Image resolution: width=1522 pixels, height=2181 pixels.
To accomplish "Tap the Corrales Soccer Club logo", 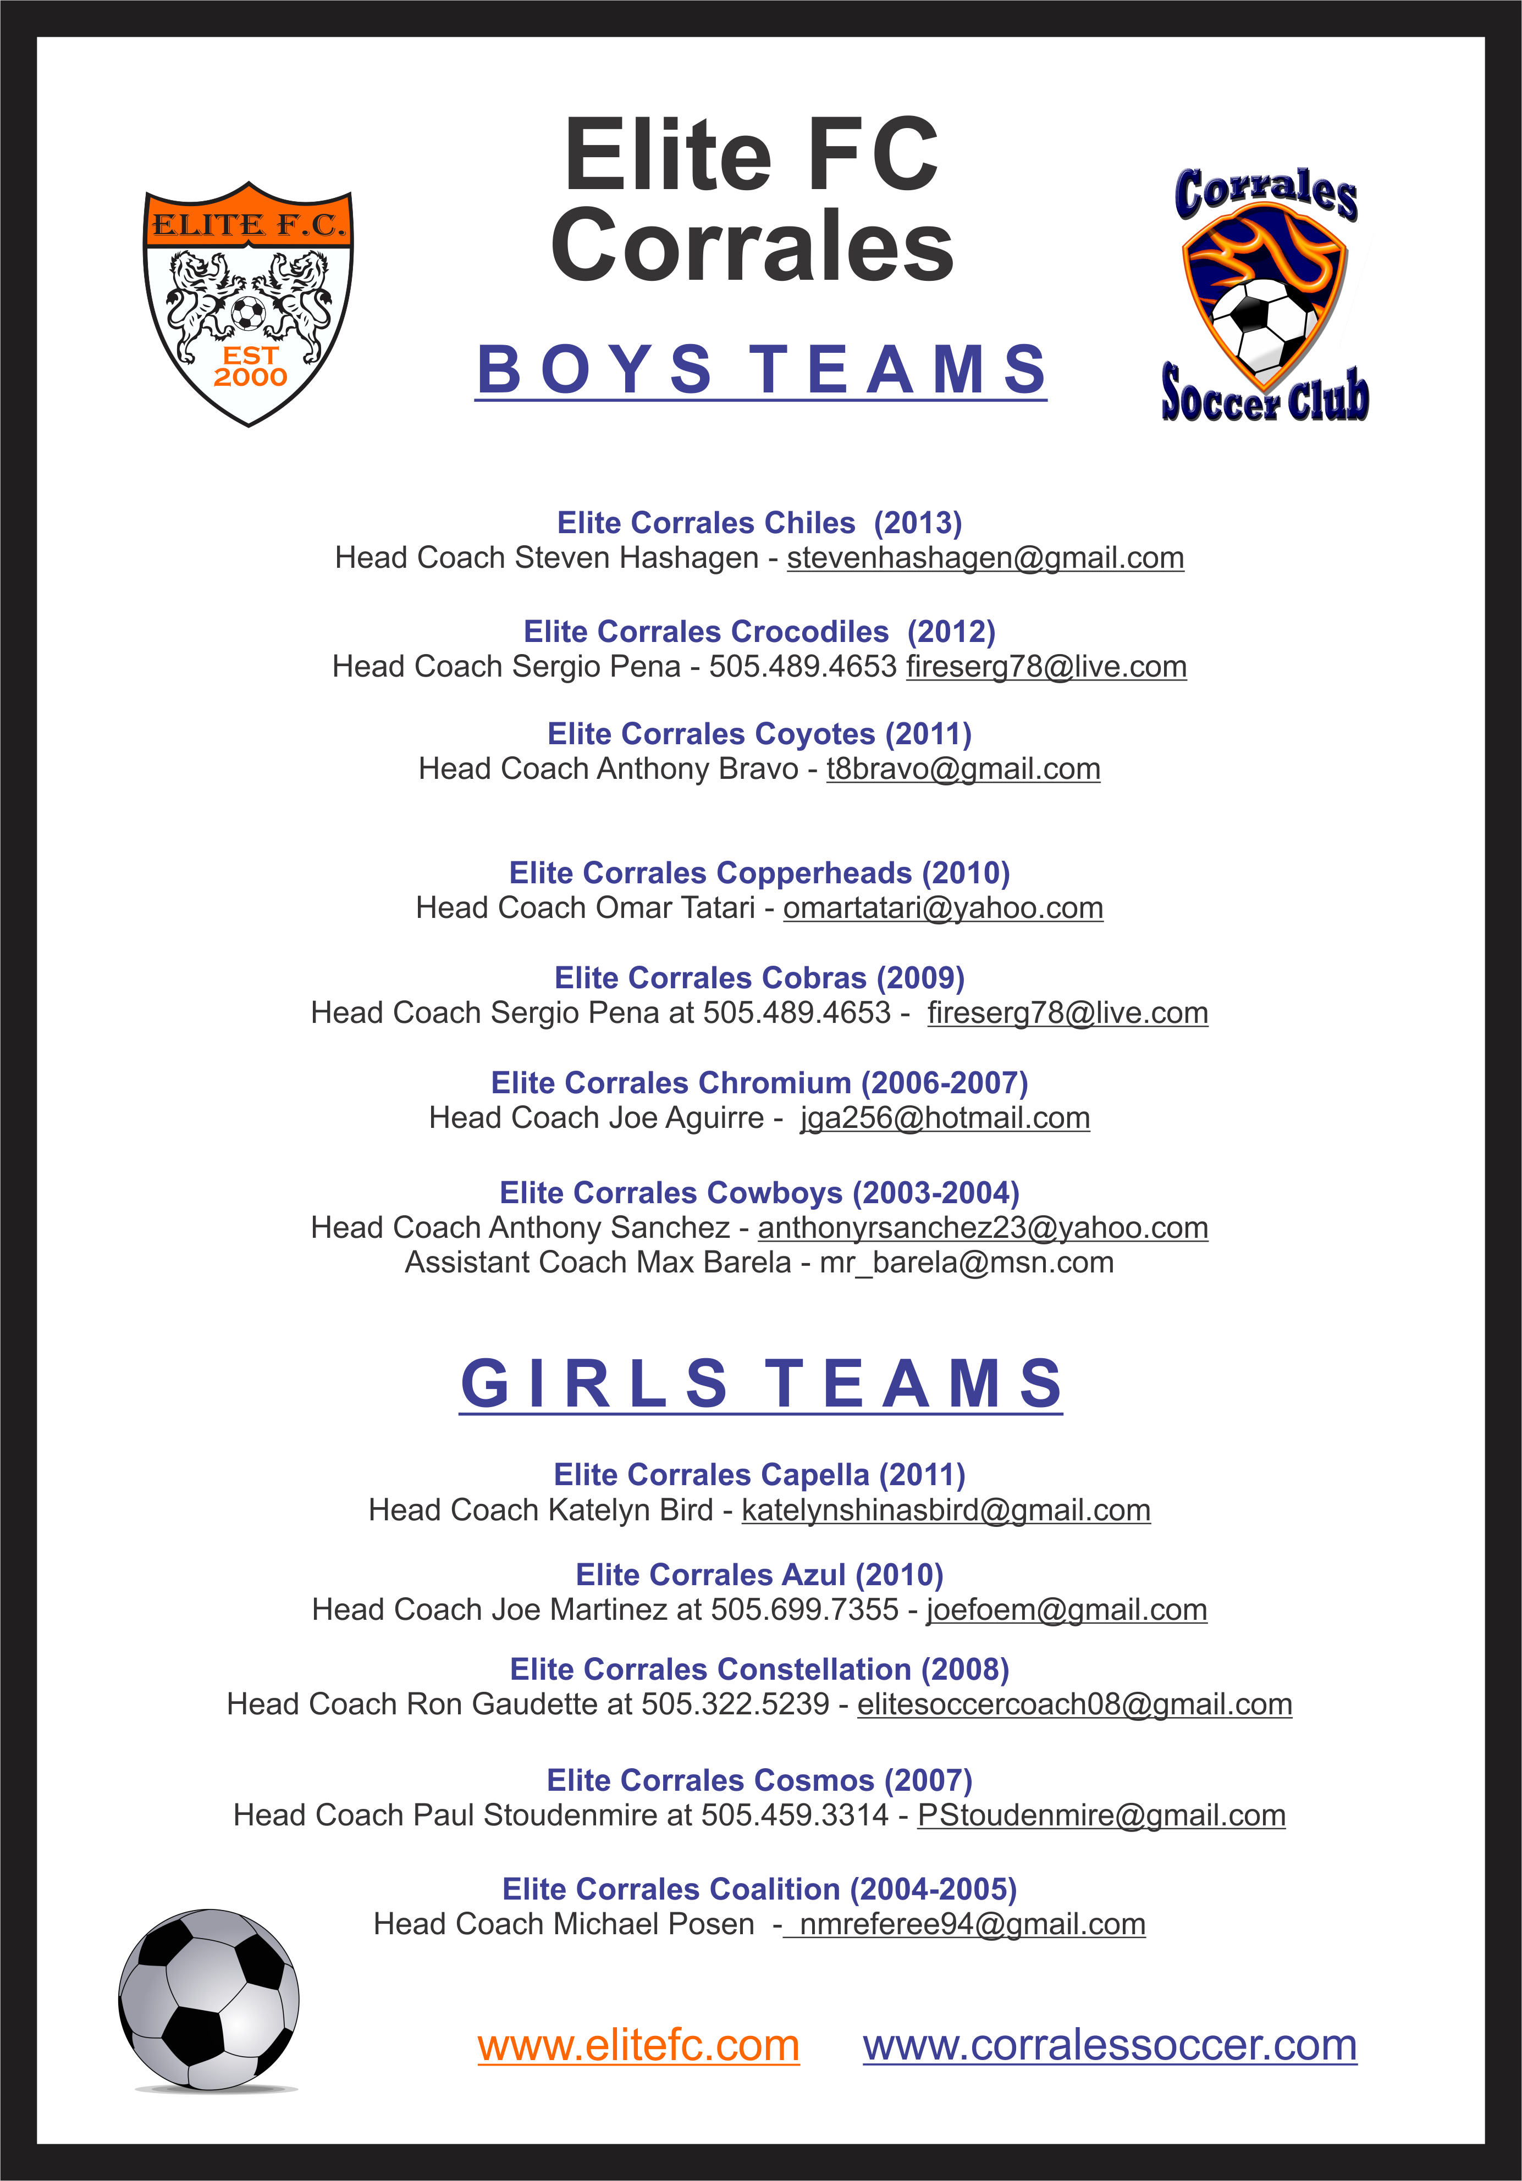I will pos(1265,295).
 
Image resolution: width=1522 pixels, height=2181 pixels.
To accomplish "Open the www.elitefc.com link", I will pos(638,2045).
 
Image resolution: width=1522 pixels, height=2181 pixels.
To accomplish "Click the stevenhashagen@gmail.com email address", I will pos(985,557).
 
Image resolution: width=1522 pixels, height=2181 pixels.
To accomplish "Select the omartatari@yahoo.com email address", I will pos(944,908).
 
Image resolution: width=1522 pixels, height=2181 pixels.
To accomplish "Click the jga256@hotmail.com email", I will pos(945,1118).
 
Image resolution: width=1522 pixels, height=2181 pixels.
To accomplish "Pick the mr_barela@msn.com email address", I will pos(967,1263).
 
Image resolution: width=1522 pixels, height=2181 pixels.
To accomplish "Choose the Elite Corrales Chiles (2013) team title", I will pos(759,523).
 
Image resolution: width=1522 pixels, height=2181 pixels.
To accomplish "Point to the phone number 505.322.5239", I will pos(735,1704).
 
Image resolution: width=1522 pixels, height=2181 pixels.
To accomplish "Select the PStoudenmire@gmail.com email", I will pos(1101,1815).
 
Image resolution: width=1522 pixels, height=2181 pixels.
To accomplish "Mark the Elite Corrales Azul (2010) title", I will pos(759,1575).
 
